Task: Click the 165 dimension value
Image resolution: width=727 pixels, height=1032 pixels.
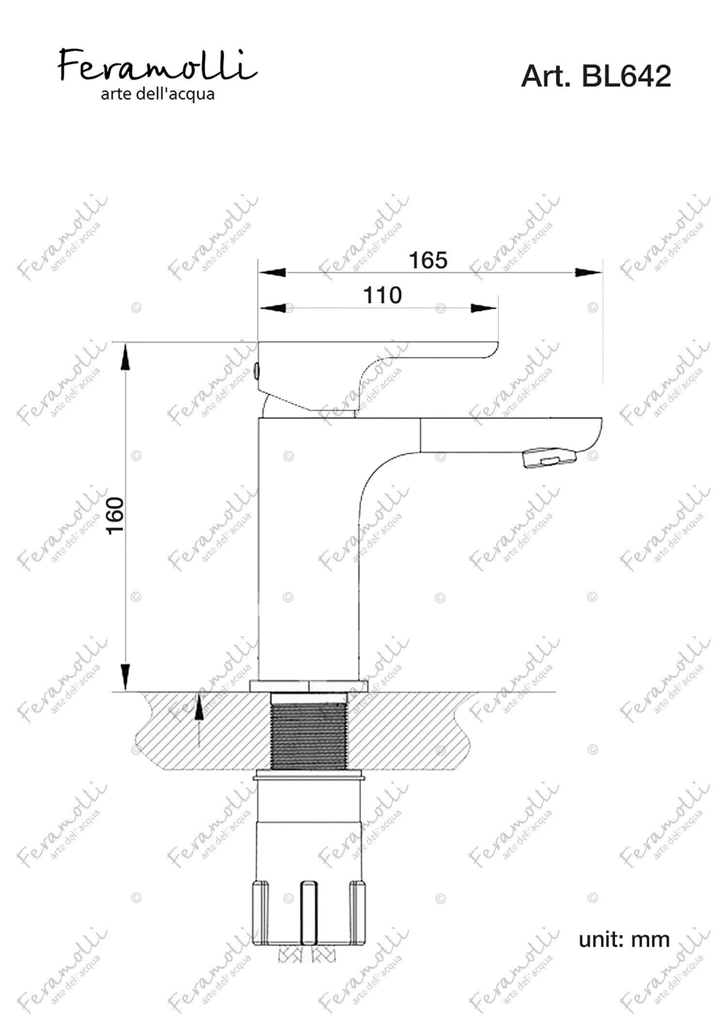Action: tap(428, 260)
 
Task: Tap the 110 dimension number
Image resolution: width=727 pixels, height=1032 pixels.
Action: tap(383, 295)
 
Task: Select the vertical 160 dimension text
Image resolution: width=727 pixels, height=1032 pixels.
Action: tap(116, 516)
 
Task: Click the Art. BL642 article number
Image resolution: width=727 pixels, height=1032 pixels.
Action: tap(596, 77)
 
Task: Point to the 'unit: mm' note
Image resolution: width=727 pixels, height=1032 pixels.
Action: tap(624, 939)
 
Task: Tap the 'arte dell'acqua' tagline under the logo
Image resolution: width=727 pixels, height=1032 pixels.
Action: tap(158, 94)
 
